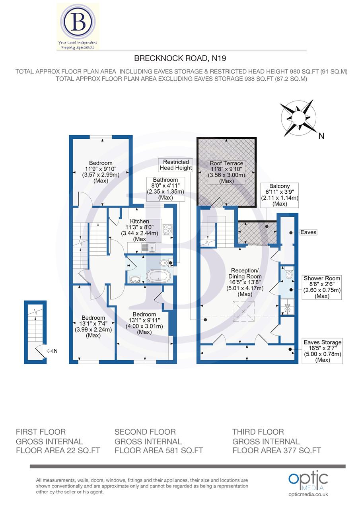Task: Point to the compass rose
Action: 298,118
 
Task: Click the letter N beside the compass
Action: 321,136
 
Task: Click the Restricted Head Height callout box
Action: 176,165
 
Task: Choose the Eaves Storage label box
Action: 322,351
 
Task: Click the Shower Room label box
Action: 322,287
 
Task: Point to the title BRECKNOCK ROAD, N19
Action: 180,58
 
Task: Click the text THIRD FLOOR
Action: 258,432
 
